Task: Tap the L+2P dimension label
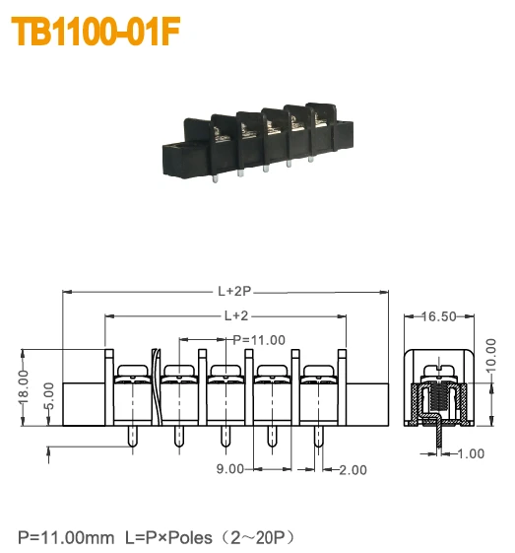tap(234, 292)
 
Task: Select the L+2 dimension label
tap(234, 315)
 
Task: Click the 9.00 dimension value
tap(229, 469)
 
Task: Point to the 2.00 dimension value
tap(353, 469)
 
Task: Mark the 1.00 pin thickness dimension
tap(471, 453)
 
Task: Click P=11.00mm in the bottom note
tap(65, 537)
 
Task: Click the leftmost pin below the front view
tap(132, 435)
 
